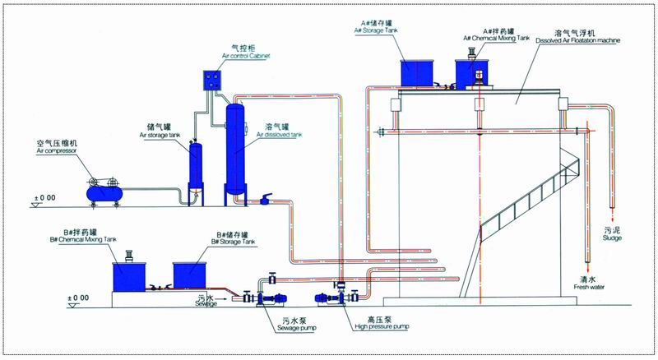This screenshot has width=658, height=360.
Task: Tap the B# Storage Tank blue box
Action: click(190, 274)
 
